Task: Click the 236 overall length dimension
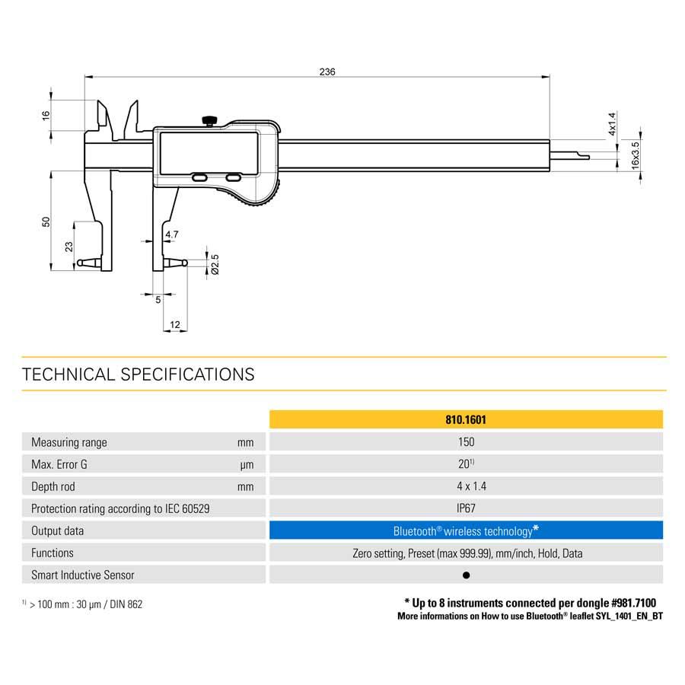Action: coord(327,72)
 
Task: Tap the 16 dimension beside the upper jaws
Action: coord(46,116)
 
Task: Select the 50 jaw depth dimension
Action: coord(46,221)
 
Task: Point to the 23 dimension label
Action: coord(69,247)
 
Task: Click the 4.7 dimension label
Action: coord(172,234)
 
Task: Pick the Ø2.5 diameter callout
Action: coord(215,264)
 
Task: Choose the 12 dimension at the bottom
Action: coord(175,324)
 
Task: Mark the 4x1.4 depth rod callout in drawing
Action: coord(612,123)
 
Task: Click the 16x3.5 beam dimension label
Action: coord(636,155)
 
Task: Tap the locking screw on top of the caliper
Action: coord(210,120)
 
